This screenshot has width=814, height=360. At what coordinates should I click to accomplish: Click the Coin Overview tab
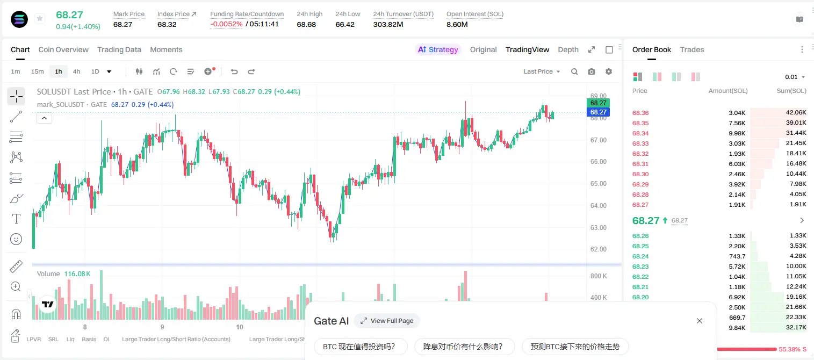click(x=63, y=49)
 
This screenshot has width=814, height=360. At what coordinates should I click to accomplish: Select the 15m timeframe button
click(x=38, y=71)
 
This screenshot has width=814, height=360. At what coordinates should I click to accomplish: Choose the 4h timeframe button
click(x=76, y=71)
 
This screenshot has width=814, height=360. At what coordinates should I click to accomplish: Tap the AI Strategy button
click(x=438, y=49)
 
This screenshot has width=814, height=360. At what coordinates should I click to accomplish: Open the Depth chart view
click(x=568, y=49)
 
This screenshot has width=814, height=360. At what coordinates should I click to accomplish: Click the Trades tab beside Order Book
click(x=692, y=49)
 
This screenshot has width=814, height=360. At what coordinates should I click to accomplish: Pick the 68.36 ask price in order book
click(x=640, y=113)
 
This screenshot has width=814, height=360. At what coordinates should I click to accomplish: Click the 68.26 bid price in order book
click(x=640, y=236)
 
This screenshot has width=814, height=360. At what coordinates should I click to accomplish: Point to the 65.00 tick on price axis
click(x=598, y=183)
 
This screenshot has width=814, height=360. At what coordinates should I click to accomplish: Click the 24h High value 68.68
click(x=306, y=24)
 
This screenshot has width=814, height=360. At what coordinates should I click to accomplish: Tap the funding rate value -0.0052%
click(x=226, y=24)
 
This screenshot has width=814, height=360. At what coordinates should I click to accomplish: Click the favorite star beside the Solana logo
click(x=40, y=18)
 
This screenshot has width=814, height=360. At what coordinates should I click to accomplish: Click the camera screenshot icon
click(x=592, y=71)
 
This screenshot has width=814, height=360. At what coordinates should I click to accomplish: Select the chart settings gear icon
click(x=609, y=71)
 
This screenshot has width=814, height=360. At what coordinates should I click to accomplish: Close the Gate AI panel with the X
click(x=700, y=321)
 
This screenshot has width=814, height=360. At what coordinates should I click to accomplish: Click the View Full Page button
click(x=387, y=321)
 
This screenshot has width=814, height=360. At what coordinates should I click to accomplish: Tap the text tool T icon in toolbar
click(x=16, y=219)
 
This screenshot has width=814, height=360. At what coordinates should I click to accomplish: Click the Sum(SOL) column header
click(x=791, y=91)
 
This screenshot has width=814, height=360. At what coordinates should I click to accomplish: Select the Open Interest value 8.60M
click(x=457, y=24)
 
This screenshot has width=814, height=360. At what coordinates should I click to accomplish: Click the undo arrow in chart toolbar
click(x=234, y=71)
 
